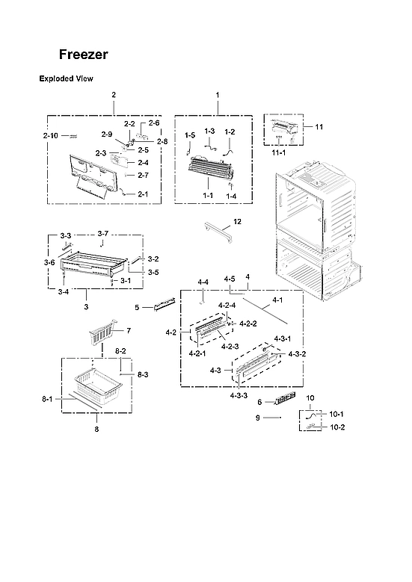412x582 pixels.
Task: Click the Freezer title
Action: click(84, 55)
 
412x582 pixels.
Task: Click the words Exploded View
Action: click(65, 78)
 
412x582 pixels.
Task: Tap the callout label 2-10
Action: click(50, 135)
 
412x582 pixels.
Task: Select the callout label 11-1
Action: click(278, 152)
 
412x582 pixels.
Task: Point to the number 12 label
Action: click(237, 222)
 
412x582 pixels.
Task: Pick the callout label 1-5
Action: click(190, 135)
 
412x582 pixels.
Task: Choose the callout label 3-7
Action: click(103, 234)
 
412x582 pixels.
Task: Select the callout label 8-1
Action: click(47, 400)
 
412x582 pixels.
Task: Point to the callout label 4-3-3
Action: click(239, 395)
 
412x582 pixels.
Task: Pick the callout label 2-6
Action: click(154, 123)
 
